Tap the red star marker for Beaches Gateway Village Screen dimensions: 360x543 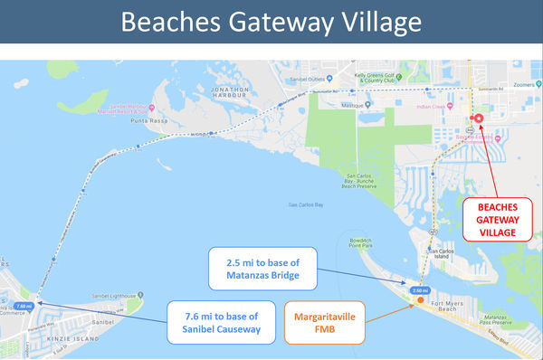point(479,118)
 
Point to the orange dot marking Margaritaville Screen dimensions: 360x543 point(420,299)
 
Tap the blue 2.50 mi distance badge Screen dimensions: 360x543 point(419,290)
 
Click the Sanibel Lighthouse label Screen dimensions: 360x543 point(117,295)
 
